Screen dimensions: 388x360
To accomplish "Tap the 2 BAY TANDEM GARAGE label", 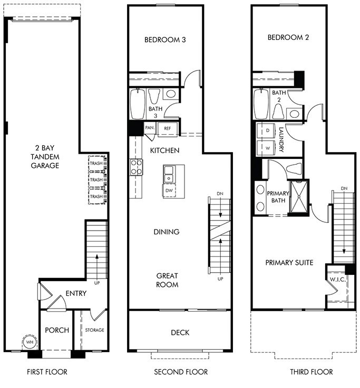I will pos(44,157).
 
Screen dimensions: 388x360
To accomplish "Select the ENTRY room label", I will pos(76,294).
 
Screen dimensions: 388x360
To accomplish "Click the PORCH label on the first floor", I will pos(56,330).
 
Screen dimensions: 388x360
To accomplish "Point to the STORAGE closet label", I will pos(95,330).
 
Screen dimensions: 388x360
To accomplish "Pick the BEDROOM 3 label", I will pos(164,39).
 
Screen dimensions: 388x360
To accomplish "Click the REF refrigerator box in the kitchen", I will pos(167,128).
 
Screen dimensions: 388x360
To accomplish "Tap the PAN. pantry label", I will pos(149,128).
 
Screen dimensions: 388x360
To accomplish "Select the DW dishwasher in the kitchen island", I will pos(170,190).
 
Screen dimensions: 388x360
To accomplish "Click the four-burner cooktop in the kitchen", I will pos(137,167).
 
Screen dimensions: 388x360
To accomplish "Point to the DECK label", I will pos(180,332).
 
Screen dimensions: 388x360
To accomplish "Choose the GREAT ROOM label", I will pos(167,280).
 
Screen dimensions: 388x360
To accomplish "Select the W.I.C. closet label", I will pos(337,279).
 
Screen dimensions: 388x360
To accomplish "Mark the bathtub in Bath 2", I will pos(261,104).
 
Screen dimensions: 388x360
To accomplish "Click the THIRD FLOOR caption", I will pos(311,372).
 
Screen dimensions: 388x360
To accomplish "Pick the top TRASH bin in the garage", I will pos(96,163).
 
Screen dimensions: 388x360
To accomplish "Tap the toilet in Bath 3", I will pos(154,96).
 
